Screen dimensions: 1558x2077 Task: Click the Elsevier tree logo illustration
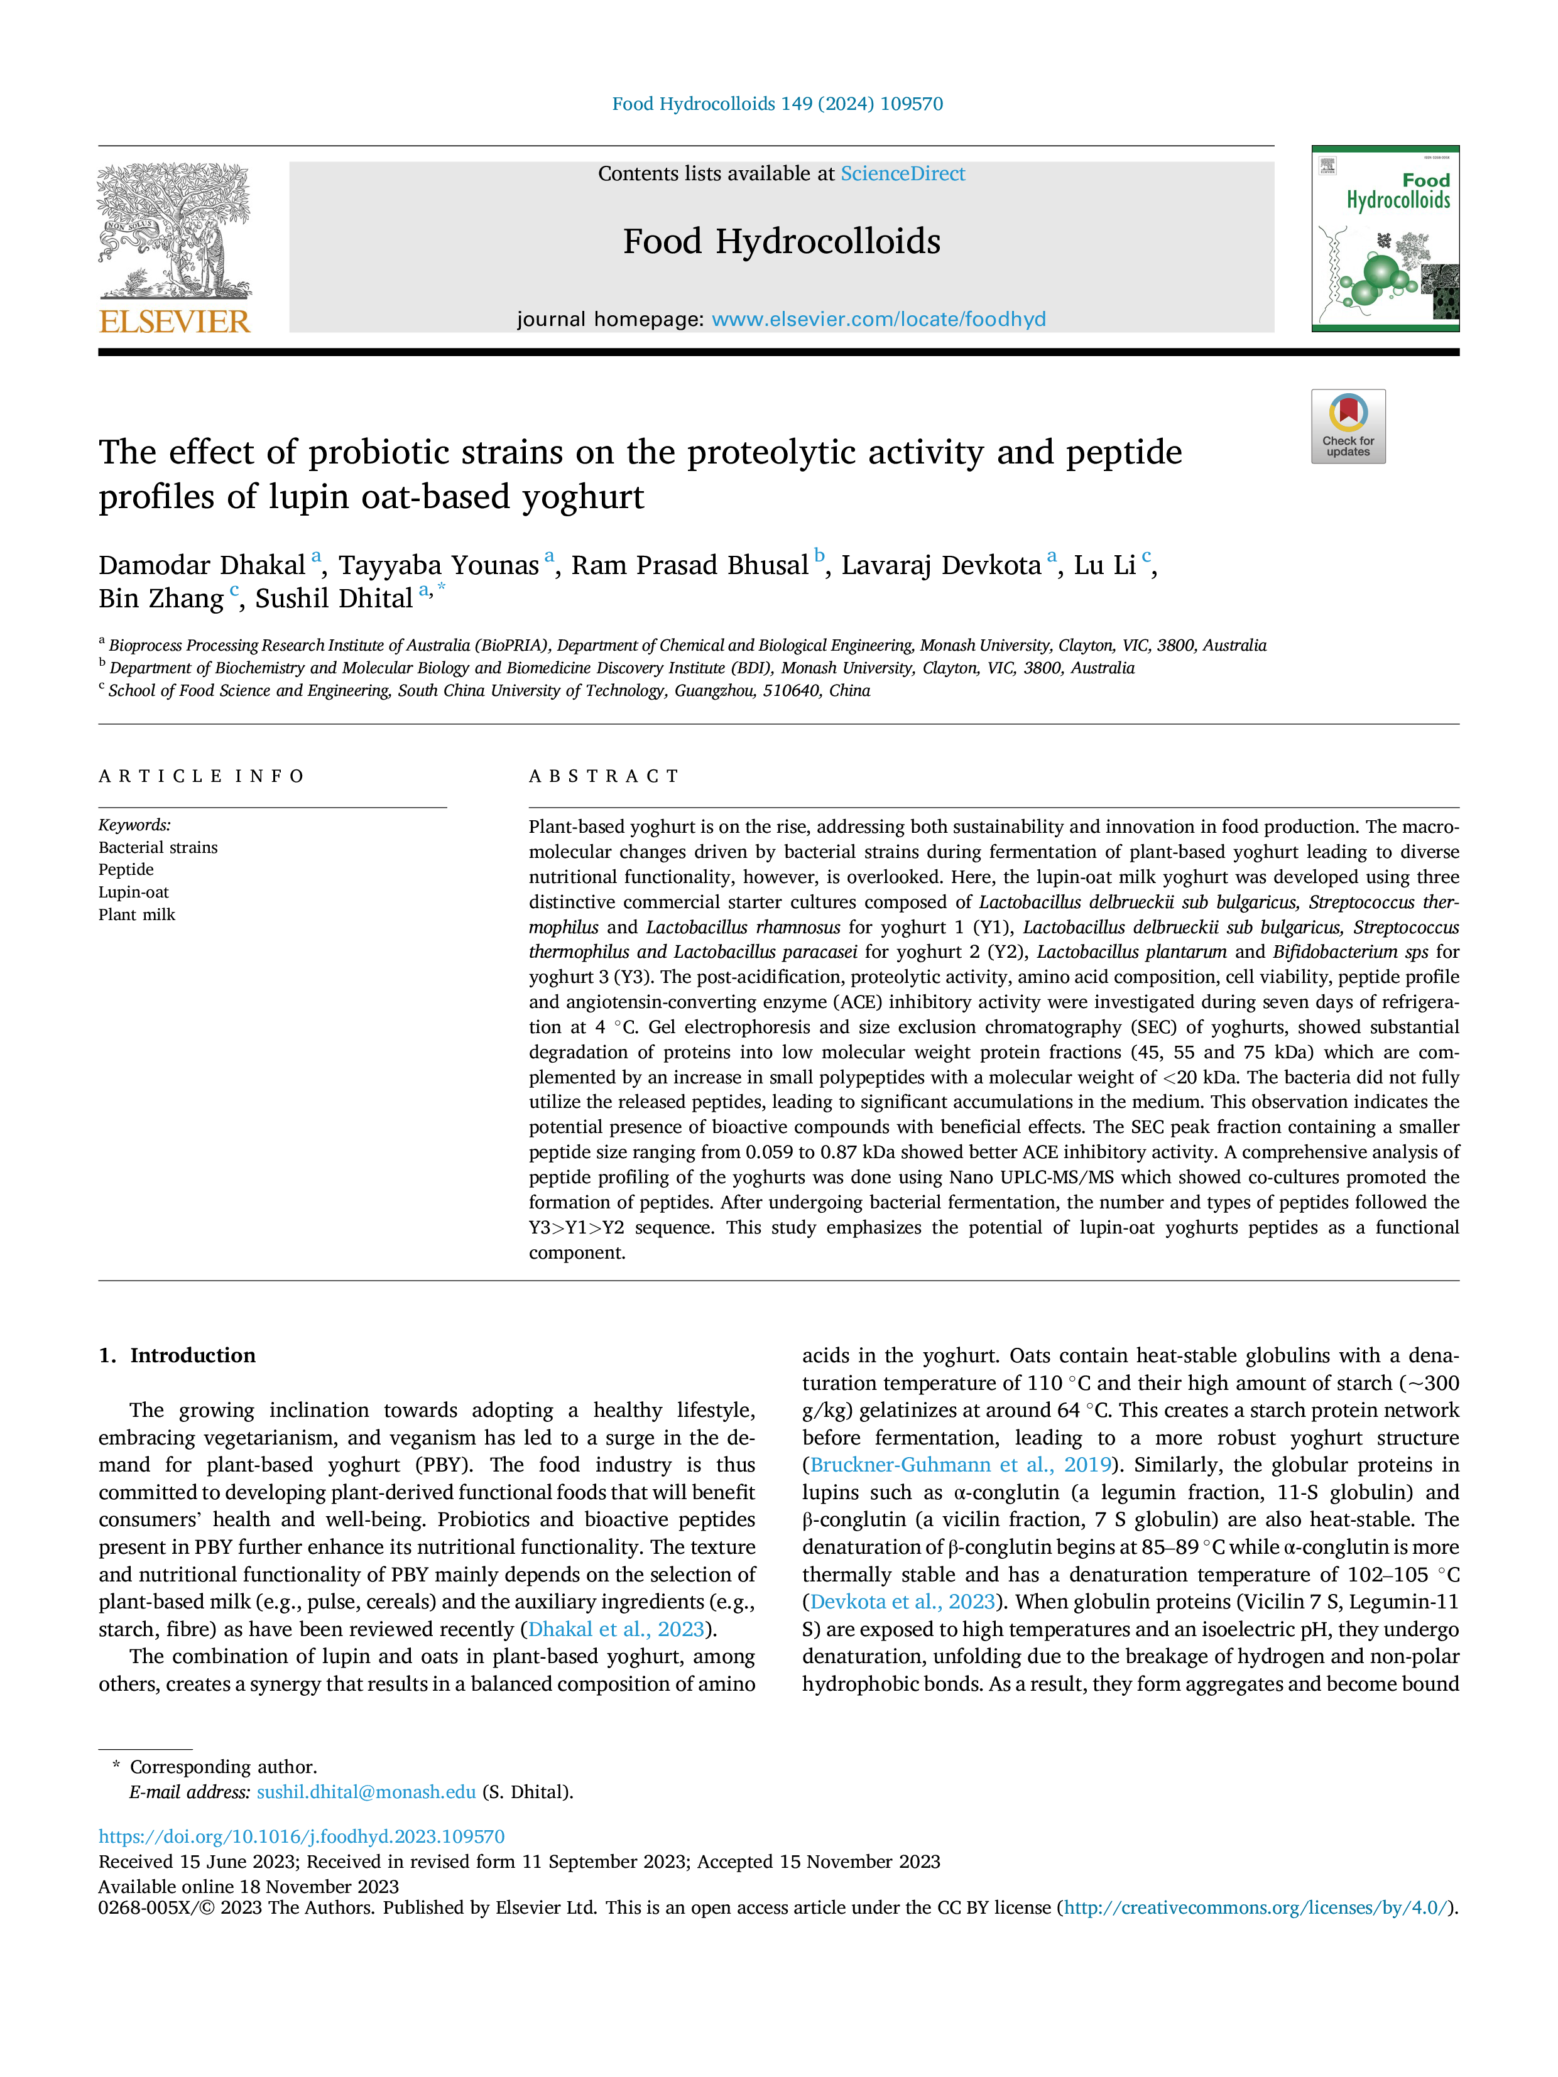click(175, 231)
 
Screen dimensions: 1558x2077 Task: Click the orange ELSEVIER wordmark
click(175, 322)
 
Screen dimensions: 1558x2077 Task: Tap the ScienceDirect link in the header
click(903, 174)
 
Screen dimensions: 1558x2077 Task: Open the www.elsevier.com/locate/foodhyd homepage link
click(878, 319)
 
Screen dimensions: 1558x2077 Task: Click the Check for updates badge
click(1348, 426)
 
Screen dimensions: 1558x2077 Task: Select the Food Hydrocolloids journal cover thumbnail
click(1385, 239)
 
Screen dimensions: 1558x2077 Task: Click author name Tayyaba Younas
click(439, 565)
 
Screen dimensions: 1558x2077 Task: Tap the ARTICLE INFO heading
click(202, 776)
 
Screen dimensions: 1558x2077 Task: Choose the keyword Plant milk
click(137, 914)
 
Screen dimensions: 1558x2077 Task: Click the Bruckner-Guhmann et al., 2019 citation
click(961, 1465)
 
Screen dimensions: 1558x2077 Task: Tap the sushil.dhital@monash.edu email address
click(366, 1792)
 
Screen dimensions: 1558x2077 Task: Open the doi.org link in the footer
click(302, 1836)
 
